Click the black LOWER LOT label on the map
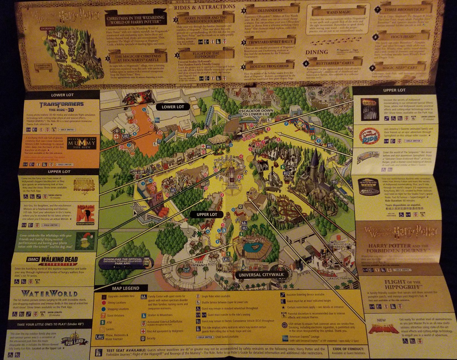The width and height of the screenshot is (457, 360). [173, 107]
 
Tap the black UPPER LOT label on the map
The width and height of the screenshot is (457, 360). [207, 214]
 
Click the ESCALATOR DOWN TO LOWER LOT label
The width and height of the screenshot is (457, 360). [256, 112]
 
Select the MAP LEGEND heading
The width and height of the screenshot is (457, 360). [125, 288]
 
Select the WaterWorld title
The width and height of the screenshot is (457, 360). [49, 294]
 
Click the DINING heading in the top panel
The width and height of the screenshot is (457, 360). [317, 52]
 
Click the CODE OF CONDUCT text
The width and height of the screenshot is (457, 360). [348, 349]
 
